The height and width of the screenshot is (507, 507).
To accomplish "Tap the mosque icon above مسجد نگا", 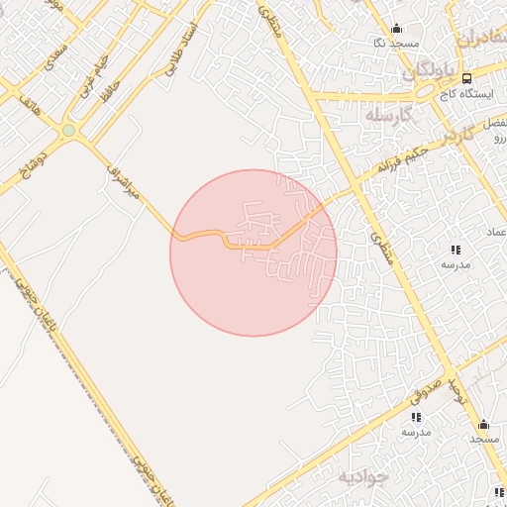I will coord(397,28).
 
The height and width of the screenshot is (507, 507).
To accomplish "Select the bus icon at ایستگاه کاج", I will coord(466,78).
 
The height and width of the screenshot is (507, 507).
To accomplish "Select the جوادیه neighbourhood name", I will coord(364,477).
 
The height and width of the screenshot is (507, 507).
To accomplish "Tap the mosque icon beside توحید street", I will coord(483,424).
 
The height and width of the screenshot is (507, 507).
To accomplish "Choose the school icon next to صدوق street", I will coord(415,417).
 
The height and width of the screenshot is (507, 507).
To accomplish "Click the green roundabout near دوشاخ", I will coord(68,130).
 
